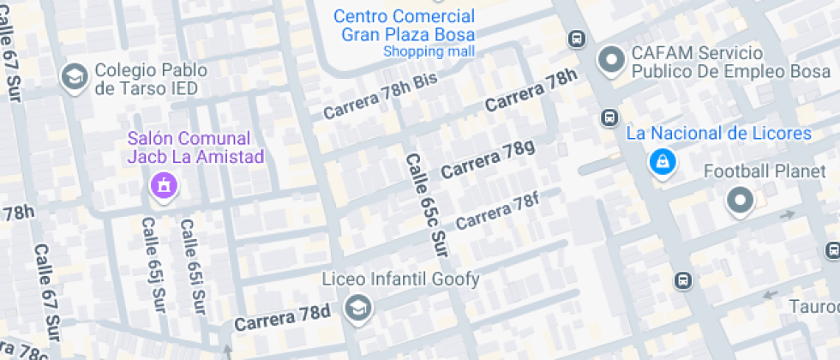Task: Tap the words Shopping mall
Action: coord(428,51)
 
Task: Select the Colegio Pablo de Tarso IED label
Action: coord(147,79)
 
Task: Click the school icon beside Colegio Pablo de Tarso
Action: coord(75,77)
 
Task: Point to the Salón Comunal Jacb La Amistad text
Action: coord(189,147)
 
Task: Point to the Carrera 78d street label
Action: coord(282,316)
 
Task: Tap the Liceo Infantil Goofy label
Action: coord(400,279)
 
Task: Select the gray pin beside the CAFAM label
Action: coord(611,60)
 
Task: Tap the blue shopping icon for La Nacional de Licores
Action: coord(661,161)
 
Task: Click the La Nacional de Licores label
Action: coord(718,134)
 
